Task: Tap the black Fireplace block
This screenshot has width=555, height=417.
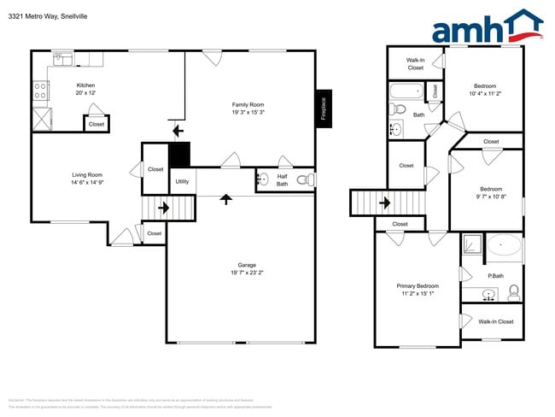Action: (x=324, y=109)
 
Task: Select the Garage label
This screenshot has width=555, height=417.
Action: (x=246, y=265)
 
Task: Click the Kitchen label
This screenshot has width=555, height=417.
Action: (x=86, y=85)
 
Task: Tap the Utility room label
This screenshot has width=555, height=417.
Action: (x=182, y=181)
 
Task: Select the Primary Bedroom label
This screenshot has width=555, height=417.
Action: (x=418, y=286)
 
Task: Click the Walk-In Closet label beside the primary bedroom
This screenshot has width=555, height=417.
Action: (x=495, y=321)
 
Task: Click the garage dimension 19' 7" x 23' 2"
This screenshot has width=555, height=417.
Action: (x=246, y=273)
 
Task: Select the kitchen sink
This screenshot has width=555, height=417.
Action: (x=61, y=59)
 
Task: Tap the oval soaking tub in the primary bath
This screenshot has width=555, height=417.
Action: (x=506, y=247)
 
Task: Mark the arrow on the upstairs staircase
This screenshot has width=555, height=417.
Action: (x=383, y=203)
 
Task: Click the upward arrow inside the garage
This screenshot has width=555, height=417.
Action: (x=225, y=200)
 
